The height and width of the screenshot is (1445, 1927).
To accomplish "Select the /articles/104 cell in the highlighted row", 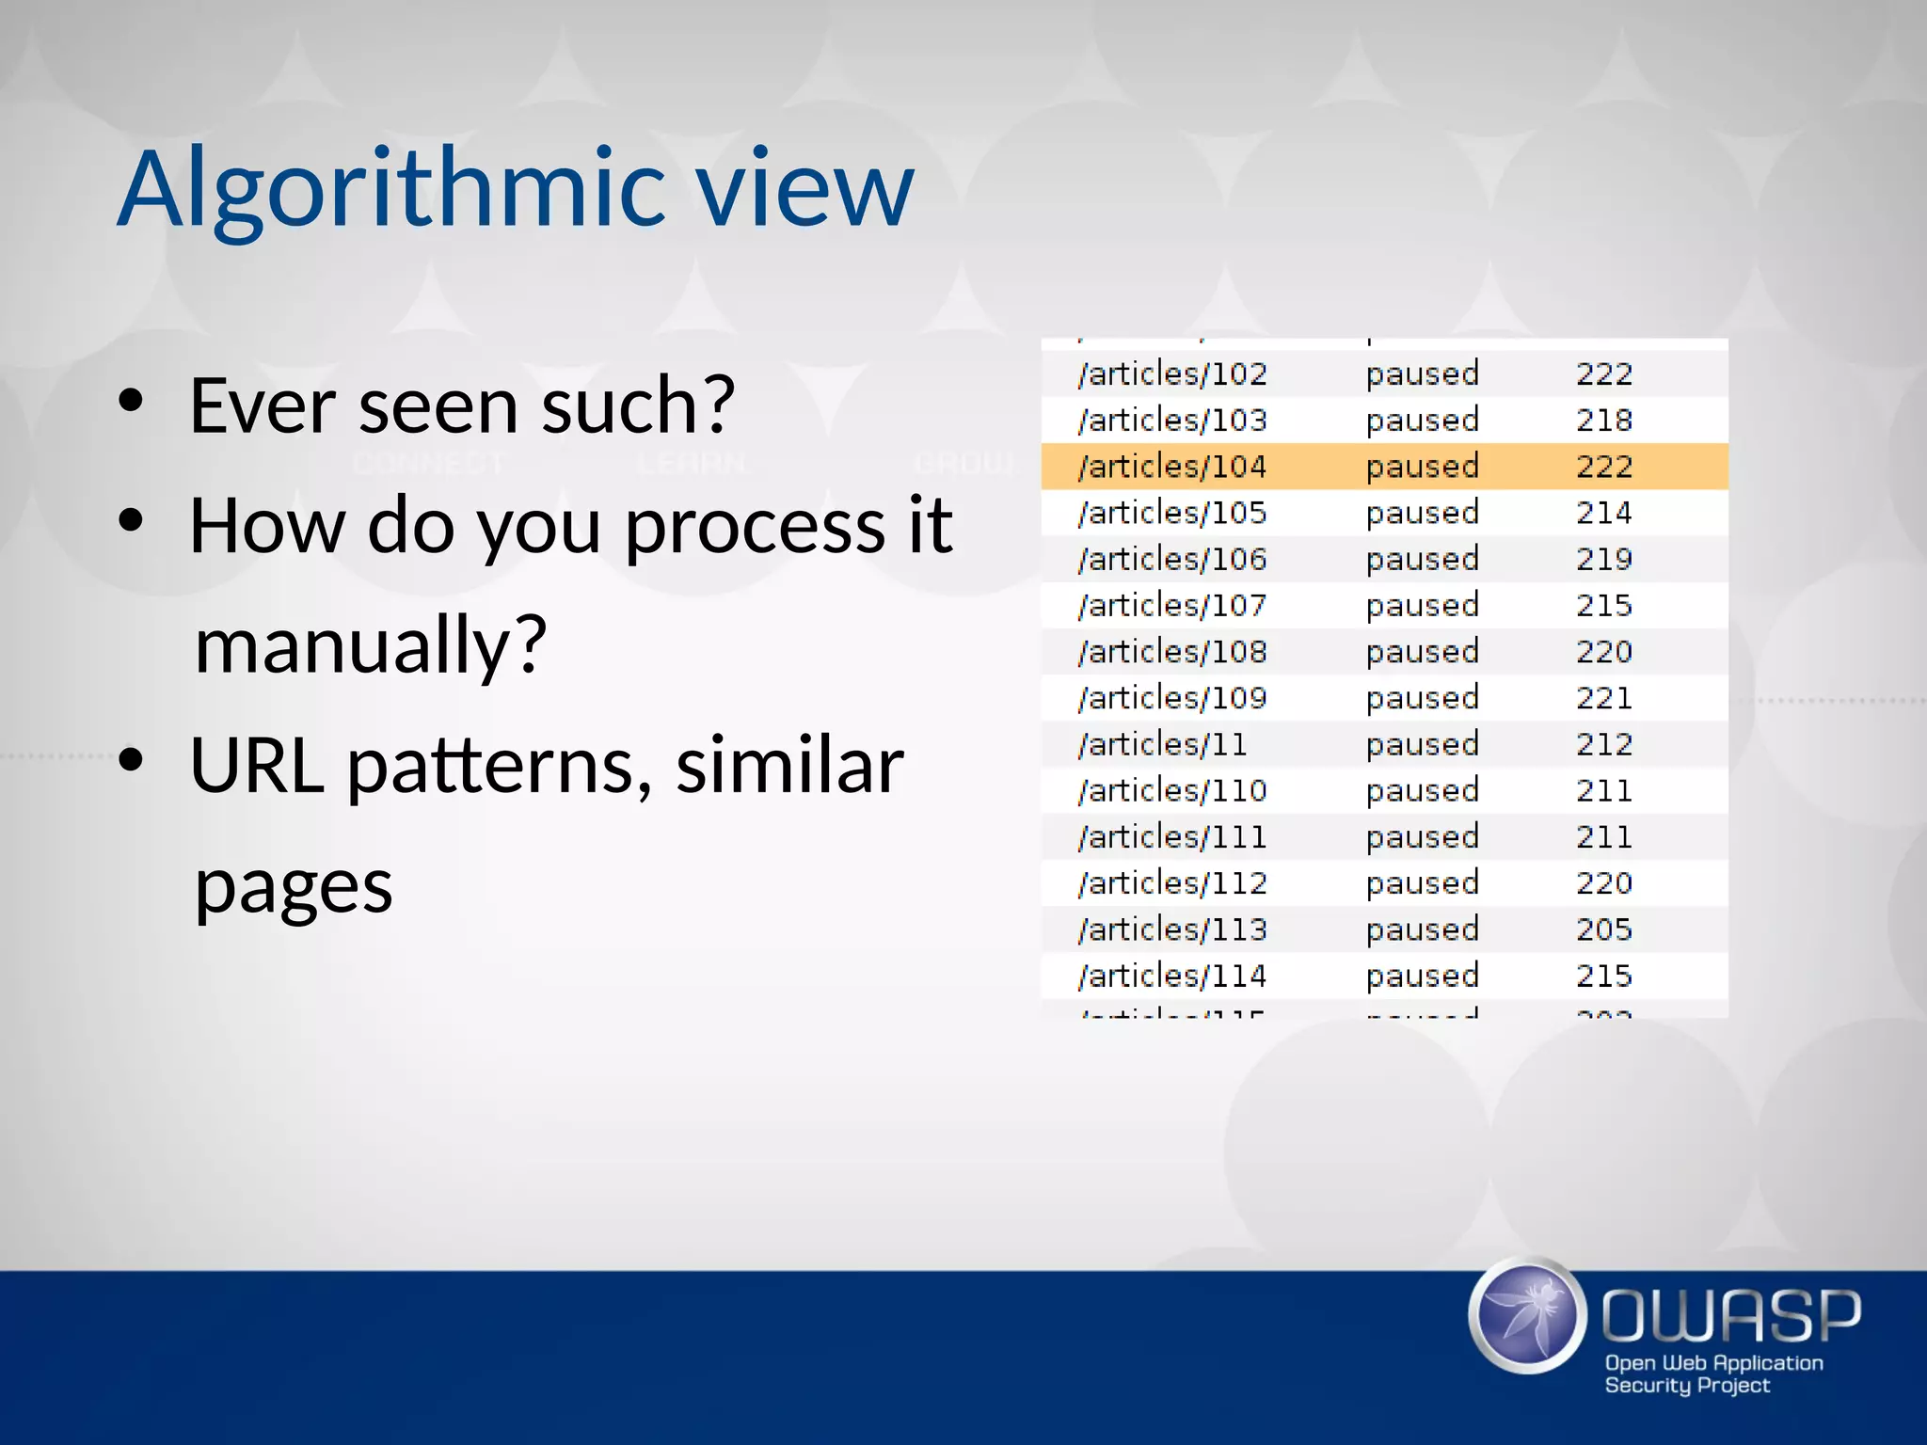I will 1171,467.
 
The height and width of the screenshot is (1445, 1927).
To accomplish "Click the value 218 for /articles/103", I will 1603,420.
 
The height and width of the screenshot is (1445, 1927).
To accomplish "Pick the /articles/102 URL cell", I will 1171,373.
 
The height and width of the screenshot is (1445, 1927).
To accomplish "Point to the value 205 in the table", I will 1603,929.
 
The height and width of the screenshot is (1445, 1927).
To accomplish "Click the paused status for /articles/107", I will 1422,605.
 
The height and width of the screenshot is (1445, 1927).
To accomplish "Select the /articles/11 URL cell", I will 1162,744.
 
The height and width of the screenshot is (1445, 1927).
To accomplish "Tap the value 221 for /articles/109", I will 1603,698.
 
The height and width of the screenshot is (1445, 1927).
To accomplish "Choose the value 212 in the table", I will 1603,744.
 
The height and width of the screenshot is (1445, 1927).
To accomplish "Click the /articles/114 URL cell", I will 1171,976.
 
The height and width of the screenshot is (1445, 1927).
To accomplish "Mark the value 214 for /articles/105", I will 1603,513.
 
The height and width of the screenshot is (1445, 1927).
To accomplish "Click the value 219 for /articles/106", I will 1603,559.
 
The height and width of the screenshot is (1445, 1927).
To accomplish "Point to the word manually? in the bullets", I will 370,647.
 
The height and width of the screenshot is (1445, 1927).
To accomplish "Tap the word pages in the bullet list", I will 293,887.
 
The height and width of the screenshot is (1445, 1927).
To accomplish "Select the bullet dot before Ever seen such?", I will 131,402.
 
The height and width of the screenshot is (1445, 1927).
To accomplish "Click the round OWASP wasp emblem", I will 1526,1314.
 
